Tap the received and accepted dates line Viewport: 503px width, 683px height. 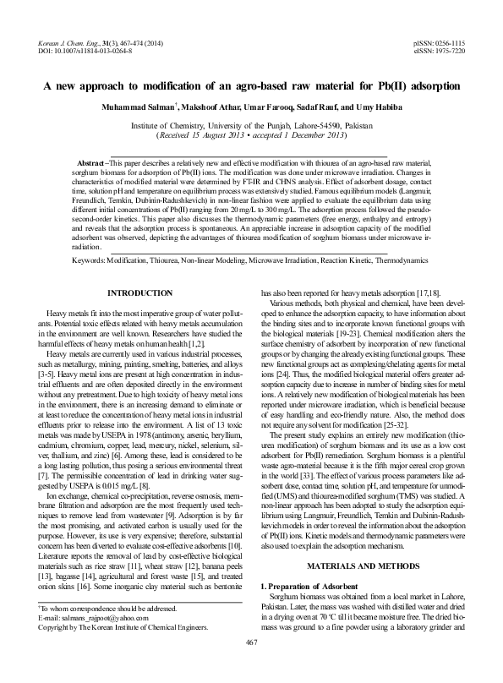(251, 135)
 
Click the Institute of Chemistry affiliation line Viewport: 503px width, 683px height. (251, 124)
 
